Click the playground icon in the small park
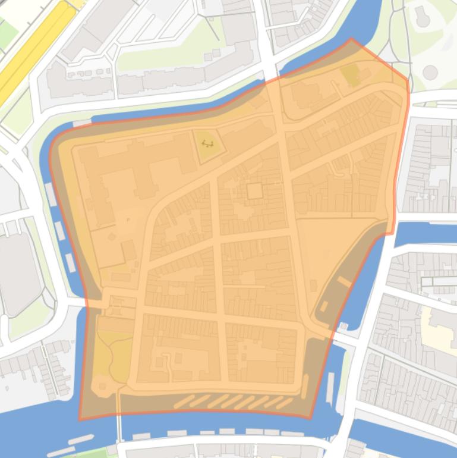click(207, 143)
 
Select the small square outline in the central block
click(254, 191)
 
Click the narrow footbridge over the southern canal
click(119, 425)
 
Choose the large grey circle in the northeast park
click(430, 73)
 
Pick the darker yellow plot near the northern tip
click(350, 74)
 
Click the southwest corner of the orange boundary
click(80, 419)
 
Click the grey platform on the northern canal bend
click(81, 123)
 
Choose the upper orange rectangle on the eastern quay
click(344, 281)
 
